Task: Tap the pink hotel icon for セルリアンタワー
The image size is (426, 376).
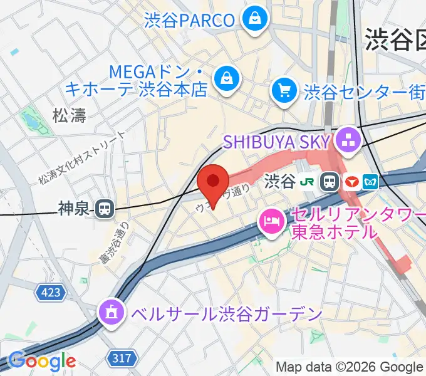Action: pos(271,221)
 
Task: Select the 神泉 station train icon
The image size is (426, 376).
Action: pos(106,208)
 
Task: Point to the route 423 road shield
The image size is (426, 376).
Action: pos(48,291)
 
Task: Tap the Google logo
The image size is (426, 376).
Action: pos(41,361)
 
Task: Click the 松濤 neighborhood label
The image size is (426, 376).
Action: pos(70,115)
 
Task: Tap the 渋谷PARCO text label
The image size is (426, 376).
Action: pos(189,20)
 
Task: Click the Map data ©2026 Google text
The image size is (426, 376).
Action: pos(350,367)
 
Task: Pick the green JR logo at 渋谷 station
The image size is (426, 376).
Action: pos(308,182)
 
